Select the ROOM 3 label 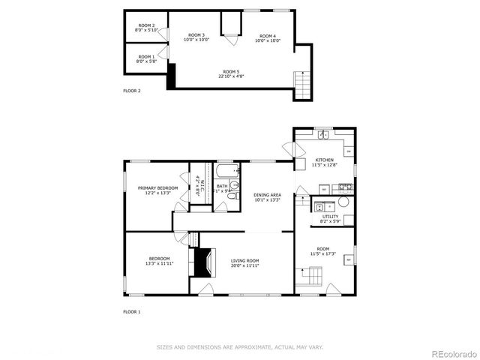pyautogui.click(x=196, y=35)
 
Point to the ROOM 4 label pyautogui.click(x=268, y=36)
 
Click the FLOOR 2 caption pyautogui.click(x=132, y=91)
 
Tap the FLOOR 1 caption pyautogui.click(x=132, y=311)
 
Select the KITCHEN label pyautogui.click(x=325, y=160)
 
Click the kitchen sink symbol pyautogui.click(x=322, y=135)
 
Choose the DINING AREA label pyautogui.click(x=267, y=194)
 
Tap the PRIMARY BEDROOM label pyautogui.click(x=157, y=187)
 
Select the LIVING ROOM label pyautogui.click(x=245, y=261)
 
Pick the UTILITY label pyautogui.click(x=330, y=216)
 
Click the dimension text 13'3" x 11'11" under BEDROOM pyautogui.click(x=159, y=264)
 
